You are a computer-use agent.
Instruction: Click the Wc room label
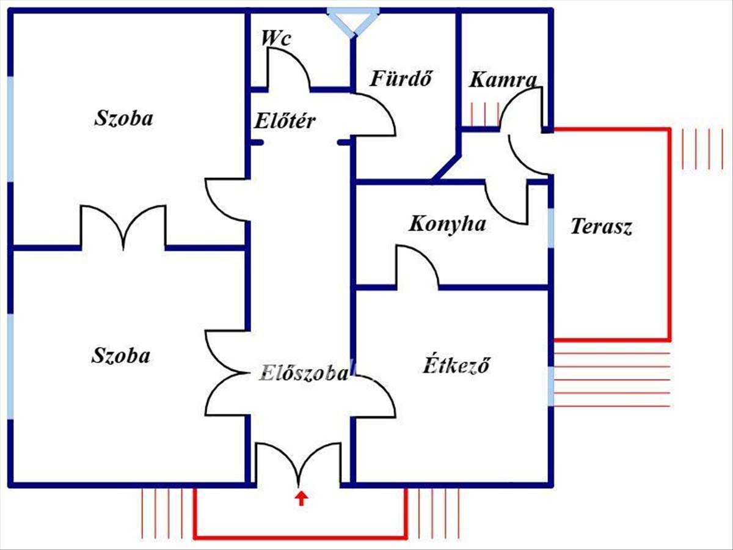pyautogui.click(x=276, y=38)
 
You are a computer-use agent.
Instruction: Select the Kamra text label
pyautogui.click(x=503, y=79)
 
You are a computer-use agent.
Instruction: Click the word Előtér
pyautogui.click(x=285, y=120)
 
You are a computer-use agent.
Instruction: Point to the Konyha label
pyautogui.click(x=447, y=224)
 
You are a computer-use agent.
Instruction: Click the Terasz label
pyautogui.click(x=601, y=227)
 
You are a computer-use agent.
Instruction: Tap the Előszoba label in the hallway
pyautogui.click(x=304, y=373)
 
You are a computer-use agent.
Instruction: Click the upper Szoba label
pyautogui.click(x=123, y=118)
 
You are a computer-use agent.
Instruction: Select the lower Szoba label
pyautogui.click(x=121, y=355)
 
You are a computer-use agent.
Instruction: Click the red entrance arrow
pyautogui.click(x=301, y=497)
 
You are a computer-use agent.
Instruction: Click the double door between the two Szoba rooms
pyautogui.click(x=123, y=229)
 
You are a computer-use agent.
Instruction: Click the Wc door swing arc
pyautogui.click(x=287, y=68)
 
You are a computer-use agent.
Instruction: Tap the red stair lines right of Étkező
pyautogui.click(x=611, y=379)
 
